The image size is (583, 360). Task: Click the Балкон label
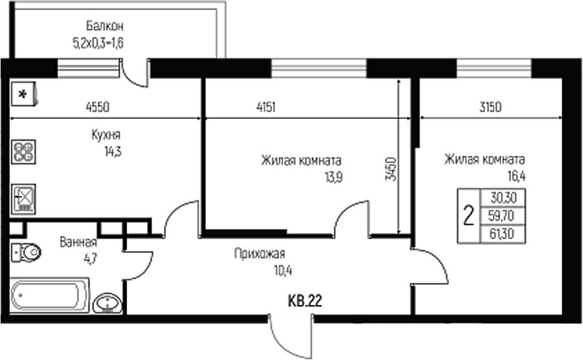tap(105, 26)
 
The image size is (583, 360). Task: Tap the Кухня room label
tap(106, 135)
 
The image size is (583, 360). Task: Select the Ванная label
tap(78, 242)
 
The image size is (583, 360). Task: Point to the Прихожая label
tap(259, 254)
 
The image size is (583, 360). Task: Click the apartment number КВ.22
tap(304, 302)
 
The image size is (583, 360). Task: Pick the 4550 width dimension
tap(98, 107)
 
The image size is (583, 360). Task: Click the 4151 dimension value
tap(266, 107)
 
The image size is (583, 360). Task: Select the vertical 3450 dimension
tap(391, 169)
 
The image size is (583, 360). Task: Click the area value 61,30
tap(502, 235)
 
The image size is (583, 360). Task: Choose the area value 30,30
tap(502, 198)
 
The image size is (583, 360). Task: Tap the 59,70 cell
tap(502, 217)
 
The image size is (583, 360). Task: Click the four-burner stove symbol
tap(24, 152)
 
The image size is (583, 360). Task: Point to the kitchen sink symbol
tap(24, 198)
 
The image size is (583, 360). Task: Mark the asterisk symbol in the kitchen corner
tap(24, 95)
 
